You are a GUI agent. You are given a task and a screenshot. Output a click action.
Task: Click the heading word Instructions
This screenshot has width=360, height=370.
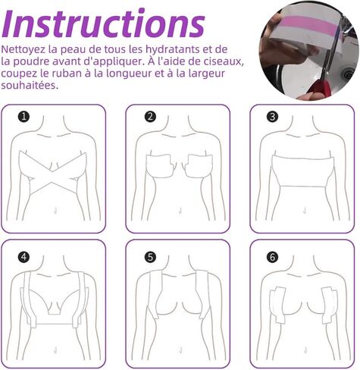[x=103, y=24]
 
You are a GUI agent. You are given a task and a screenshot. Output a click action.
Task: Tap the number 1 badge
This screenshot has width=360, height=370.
[x=23, y=117]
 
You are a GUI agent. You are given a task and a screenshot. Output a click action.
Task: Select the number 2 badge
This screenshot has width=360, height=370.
[x=150, y=117]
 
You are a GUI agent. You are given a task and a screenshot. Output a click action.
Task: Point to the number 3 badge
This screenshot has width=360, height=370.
[x=272, y=117]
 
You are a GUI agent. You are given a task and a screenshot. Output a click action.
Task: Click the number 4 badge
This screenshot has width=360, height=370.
[x=23, y=257]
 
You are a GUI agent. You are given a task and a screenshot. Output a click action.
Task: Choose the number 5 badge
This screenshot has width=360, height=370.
[x=150, y=257]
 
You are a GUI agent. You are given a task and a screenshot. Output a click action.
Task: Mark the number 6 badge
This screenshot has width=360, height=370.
[x=272, y=257]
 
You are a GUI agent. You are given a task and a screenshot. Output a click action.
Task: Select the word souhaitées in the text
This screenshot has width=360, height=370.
[x=30, y=85]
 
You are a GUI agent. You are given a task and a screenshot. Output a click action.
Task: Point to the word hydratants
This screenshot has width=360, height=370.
[x=174, y=49]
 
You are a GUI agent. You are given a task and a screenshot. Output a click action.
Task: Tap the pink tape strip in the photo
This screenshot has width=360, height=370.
[x=308, y=24]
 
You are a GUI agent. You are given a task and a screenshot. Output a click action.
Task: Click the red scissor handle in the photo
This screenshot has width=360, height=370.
[x=321, y=89]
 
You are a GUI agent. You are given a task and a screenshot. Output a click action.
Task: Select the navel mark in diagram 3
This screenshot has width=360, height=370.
[x=305, y=210]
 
